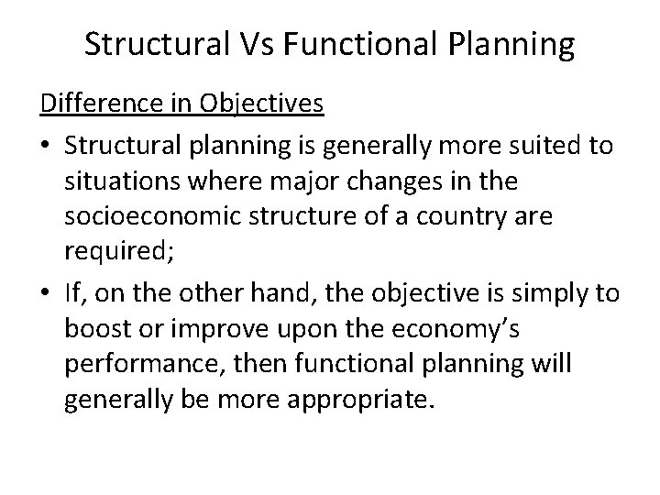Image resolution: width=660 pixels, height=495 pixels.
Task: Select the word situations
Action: coord(120,182)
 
